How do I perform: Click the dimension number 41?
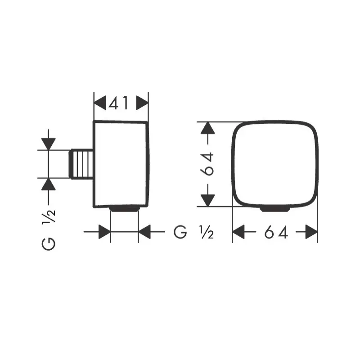(x=118, y=103)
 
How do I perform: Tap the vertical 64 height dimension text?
(x=207, y=164)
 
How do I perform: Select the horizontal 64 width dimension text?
(x=276, y=232)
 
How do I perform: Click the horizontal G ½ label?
(x=194, y=232)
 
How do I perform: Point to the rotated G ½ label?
(x=49, y=231)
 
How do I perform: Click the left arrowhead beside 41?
(x=100, y=103)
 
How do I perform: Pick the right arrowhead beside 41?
(x=142, y=103)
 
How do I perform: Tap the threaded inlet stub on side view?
(x=81, y=164)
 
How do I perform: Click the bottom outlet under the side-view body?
(x=125, y=209)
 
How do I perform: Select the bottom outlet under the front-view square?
(x=275, y=209)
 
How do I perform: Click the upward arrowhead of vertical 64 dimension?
(x=208, y=128)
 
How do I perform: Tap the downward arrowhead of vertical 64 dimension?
(x=208, y=200)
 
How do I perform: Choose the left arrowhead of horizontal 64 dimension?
(x=238, y=232)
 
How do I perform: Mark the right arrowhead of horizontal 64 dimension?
(x=311, y=232)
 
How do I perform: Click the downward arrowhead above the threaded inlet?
(x=49, y=144)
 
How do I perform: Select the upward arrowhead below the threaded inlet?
(x=49, y=184)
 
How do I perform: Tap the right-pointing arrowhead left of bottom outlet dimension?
(x=104, y=232)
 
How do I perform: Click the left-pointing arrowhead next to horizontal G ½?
(x=144, y=232)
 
